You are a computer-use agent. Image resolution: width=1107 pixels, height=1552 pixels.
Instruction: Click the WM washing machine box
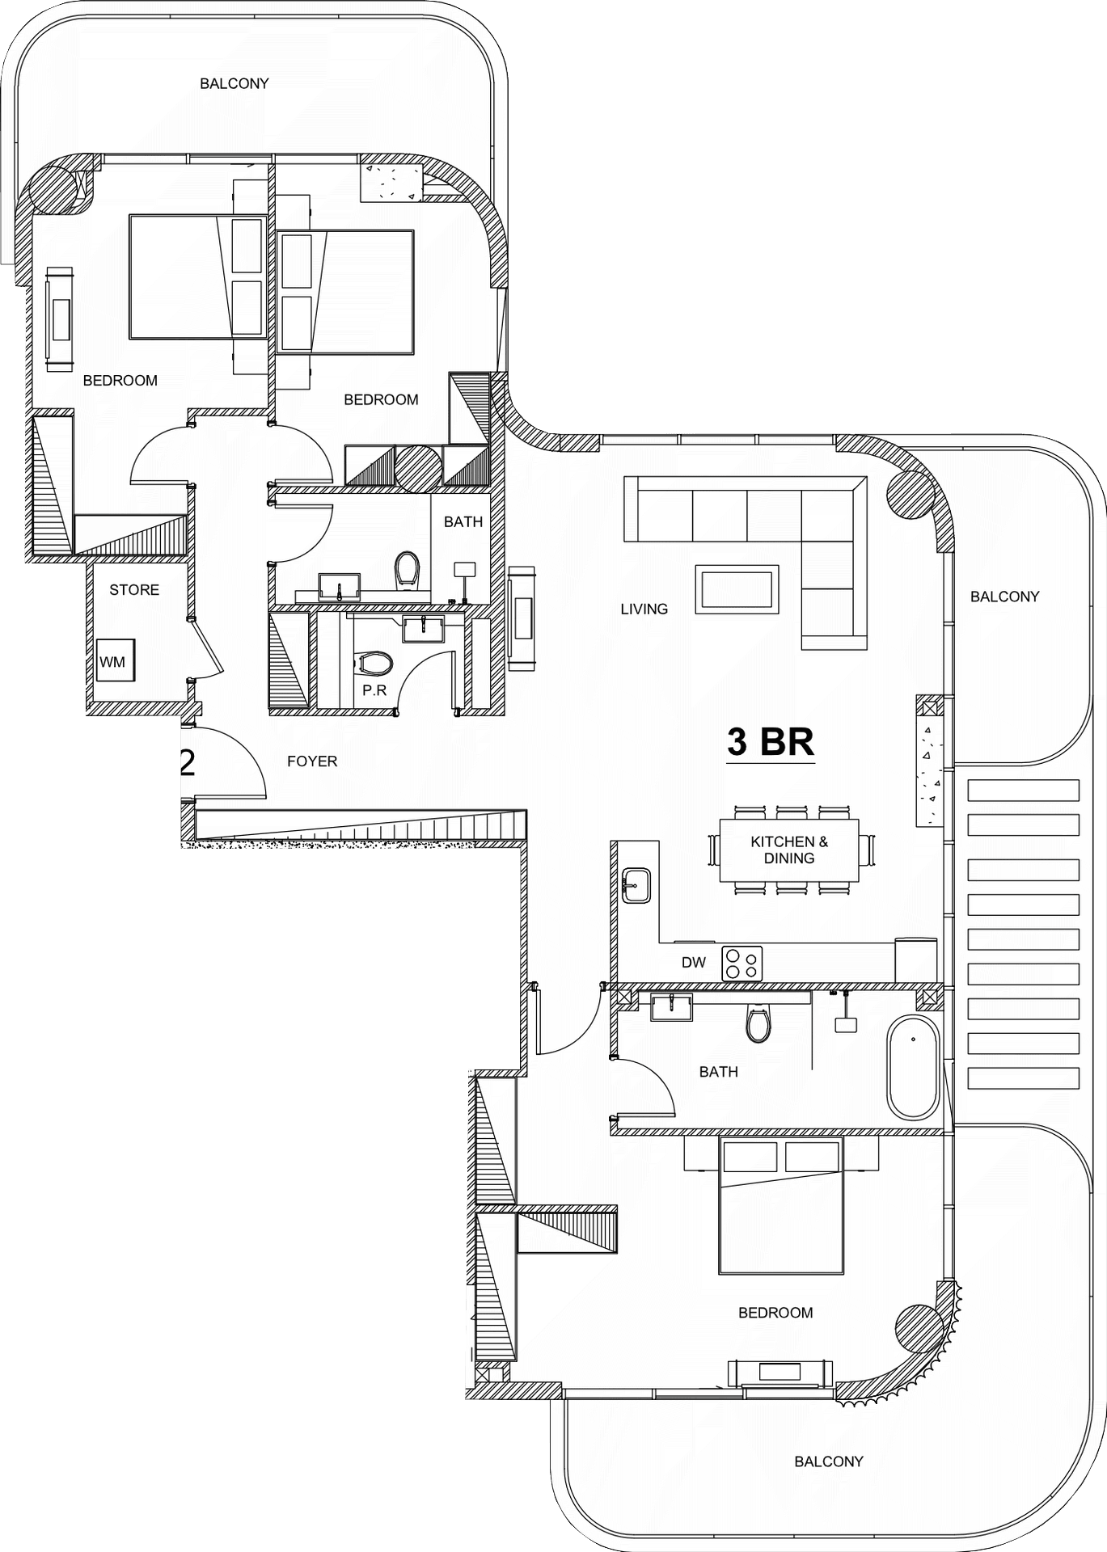pyautogui.click(x=113, y=661)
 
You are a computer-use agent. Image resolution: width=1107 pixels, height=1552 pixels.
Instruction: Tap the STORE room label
pyautogui.click(x=134, y=590)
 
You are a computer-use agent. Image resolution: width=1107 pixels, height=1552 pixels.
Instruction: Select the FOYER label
pyautogui.click(x=312, y=761)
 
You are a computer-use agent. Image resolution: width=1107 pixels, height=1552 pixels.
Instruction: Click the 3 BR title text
pyautogui.click(x=771, y=741)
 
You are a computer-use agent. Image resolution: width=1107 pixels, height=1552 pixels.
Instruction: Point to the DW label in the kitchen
pyautogui.click(x=694, y=963)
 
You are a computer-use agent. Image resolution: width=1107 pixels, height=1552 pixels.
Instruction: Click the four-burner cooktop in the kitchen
pyautogui.click(x=742, y=963)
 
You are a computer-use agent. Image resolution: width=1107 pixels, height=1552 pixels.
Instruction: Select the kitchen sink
pyautogui.click(x=636, y=886)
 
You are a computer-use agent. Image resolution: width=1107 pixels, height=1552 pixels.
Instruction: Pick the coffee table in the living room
pyautogui.click(x=737, y=589)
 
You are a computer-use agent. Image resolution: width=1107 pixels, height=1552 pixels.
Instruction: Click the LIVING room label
pyautogui.click(x=644, y=609)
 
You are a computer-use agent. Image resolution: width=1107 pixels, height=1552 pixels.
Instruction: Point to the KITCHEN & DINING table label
pyautogui.click(x=789, y=850)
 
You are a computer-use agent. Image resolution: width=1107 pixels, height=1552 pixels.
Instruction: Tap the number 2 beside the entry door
pyautogui.click(x=187, y=762)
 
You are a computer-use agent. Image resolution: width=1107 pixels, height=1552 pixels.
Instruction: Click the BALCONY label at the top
pyautogui.click(x=234, y=83)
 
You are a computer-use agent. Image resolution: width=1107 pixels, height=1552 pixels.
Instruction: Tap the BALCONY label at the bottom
pyautogui.click(x=829, y=1461)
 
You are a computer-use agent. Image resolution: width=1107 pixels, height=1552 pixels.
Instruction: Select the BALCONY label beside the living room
pyautogui.click(x=1005, y=597)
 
